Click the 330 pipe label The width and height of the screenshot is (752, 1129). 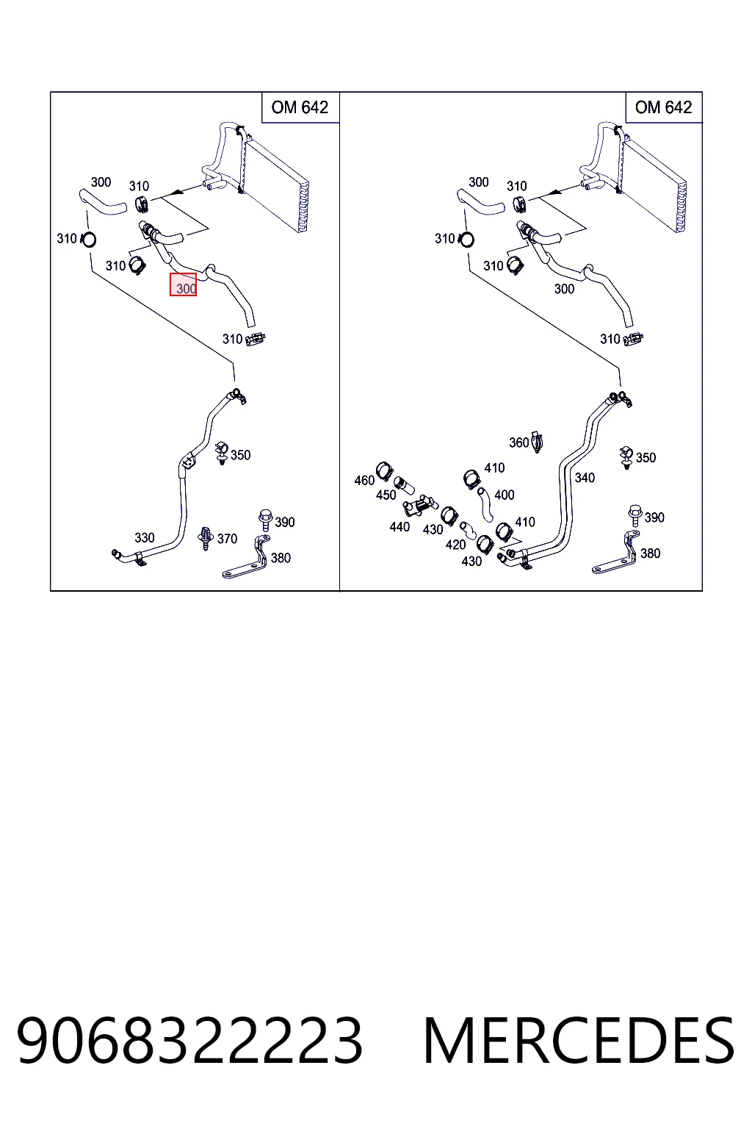(145, 538)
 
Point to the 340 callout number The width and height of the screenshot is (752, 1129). (585, 478)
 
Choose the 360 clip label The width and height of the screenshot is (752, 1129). (518, 442)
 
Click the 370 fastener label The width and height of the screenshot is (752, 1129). (227, 539)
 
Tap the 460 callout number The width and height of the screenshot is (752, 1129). (365, 480)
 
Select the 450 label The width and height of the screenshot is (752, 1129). (386, 495)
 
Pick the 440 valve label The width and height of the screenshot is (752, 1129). (400, 527)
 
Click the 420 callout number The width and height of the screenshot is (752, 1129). (456, 545)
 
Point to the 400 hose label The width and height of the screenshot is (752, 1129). (505, 495)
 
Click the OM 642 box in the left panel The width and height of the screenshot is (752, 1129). (300, 107)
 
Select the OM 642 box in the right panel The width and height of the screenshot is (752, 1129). (664, 107)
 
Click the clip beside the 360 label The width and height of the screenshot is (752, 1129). (536, 442)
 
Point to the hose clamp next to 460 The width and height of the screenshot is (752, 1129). (385, 471)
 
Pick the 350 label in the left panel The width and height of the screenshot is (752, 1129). (240, 455)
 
